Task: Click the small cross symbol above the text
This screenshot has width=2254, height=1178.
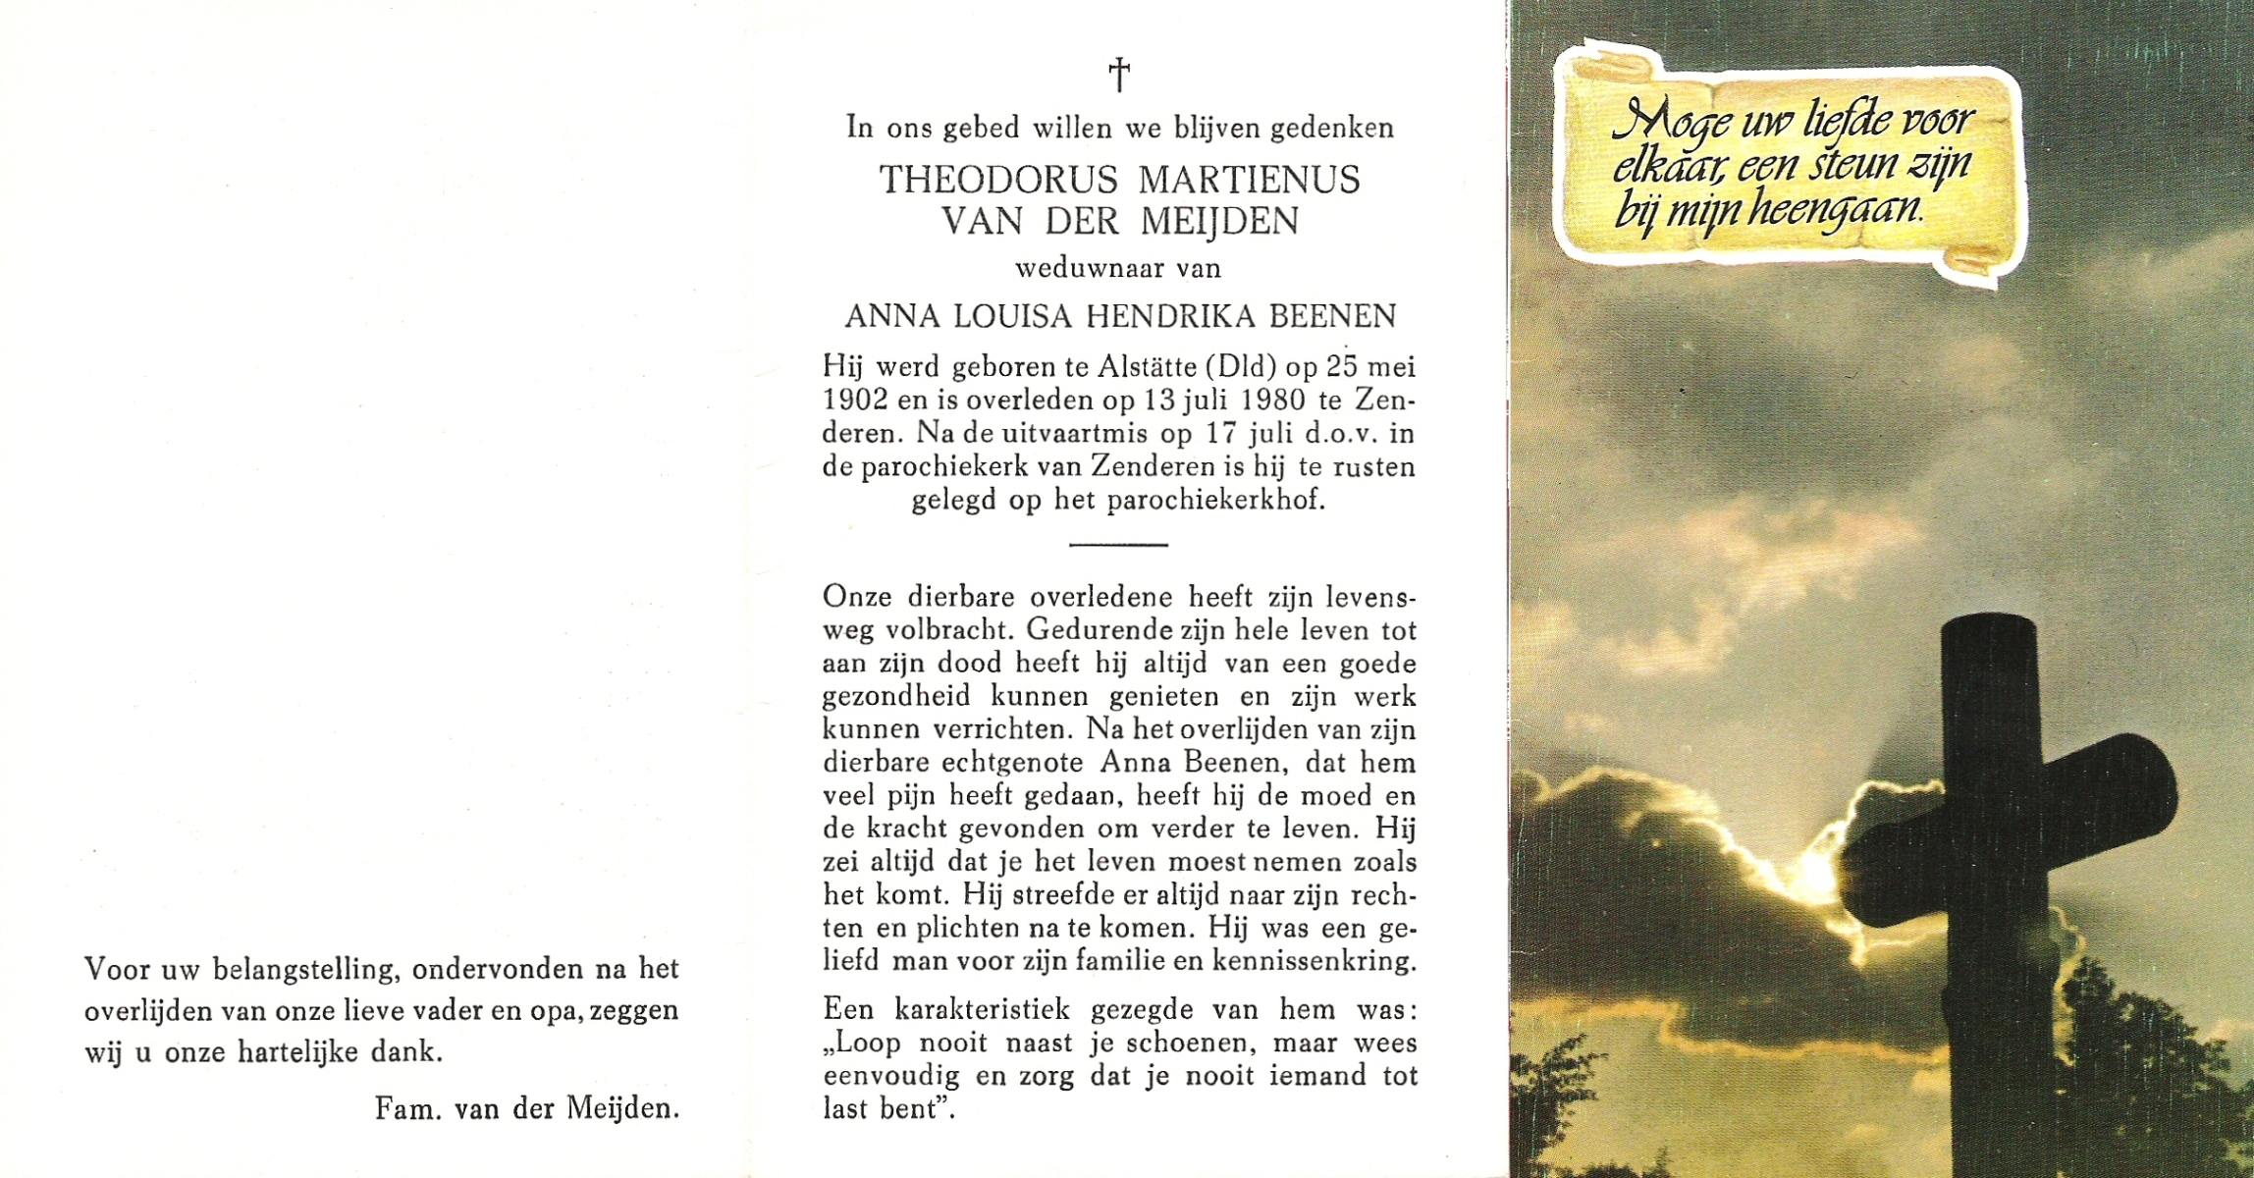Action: click(1119, 75)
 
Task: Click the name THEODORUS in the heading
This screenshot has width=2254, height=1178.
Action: click(997, 181)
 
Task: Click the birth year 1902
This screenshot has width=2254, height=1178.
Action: click(855, 401)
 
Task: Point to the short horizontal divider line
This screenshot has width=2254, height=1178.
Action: click(1118, 544)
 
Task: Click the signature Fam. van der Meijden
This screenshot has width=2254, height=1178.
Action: click(527, 1110)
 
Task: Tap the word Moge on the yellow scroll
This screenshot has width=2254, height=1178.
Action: click(1669, 125)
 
